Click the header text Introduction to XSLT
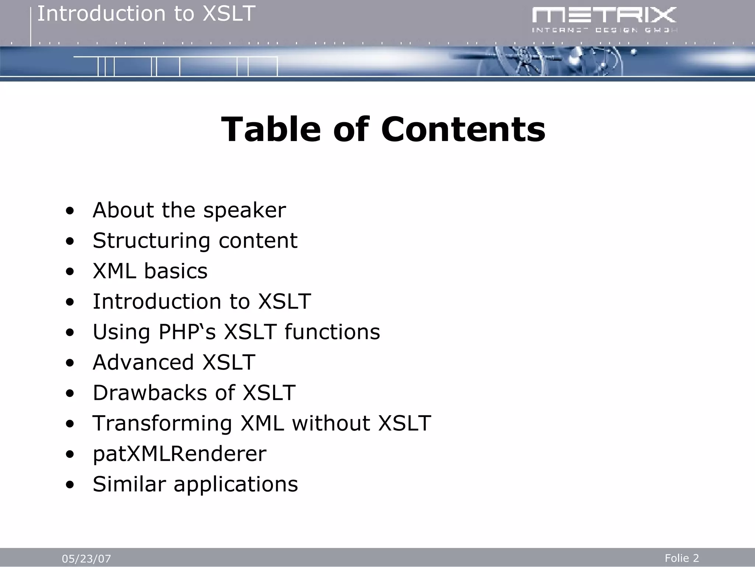click(146, 14)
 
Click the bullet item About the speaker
click(189, 210)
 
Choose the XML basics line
click(150, 271)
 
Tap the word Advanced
click(143, 362)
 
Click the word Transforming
click(162, 423)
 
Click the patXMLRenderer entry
click(179, 454)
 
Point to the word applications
click(236, 484)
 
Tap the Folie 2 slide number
click(682, 558)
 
